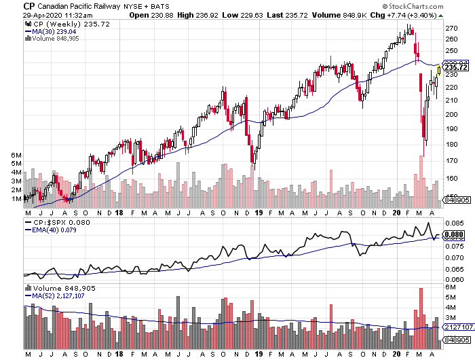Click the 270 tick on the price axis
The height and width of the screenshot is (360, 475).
point(451,29)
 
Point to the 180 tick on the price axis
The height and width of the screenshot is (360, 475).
point(451,144)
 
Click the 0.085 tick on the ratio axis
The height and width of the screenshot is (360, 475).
point(453,223)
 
